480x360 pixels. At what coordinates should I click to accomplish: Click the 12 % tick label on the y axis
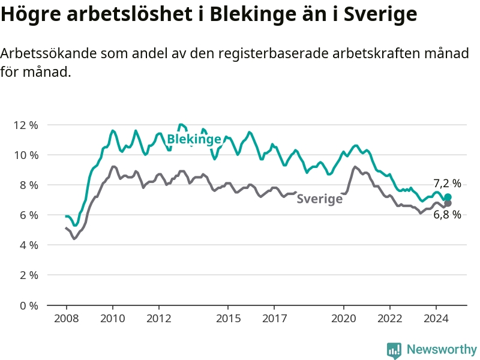click(x=26, y=125)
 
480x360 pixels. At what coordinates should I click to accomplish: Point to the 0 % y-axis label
click(x=29, y=305)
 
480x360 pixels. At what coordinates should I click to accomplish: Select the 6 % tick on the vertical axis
click(x=29, y=215)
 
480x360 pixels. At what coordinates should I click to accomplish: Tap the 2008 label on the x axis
click(x=67, y=319)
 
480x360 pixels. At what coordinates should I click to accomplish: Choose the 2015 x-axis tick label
click(x=228, y=319)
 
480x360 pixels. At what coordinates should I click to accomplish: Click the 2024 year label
click(x=436, y=319)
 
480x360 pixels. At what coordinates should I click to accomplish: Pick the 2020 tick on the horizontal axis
click(x=343, y=319)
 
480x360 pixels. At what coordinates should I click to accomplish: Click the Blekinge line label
click(x=194, y=139)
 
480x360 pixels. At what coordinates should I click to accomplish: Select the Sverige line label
click(x=320, y=199)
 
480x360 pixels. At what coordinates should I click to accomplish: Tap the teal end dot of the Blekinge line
click(x=448, y=197)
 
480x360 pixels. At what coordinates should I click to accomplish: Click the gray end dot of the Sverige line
click(x=448, y=203)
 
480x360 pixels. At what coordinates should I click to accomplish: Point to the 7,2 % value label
click(x=447, y=184)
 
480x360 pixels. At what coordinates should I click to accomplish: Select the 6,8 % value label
click(x=447, y=215)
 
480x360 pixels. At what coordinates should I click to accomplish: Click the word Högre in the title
click(x=31, y=14)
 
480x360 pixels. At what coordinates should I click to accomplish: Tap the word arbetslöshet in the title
click(x=130, y=13)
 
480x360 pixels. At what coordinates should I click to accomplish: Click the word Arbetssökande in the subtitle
click(x=49, y=53)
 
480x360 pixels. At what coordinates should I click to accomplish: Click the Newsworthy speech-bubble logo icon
click(x=394, y=350)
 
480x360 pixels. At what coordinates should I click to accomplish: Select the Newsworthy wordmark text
click(x=442, y=349)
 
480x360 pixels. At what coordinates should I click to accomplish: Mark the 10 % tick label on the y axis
click(x=26, y=155)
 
